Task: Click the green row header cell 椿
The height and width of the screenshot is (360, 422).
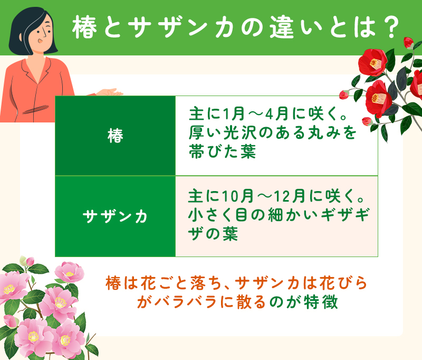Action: point(115,136)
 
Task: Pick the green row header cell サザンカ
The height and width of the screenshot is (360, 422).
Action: point(115,216)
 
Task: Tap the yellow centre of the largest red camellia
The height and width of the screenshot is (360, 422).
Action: point(375,64)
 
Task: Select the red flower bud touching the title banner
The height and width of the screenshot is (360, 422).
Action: point(408,42)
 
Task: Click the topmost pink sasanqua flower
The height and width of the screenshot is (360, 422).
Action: point(69,273)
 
